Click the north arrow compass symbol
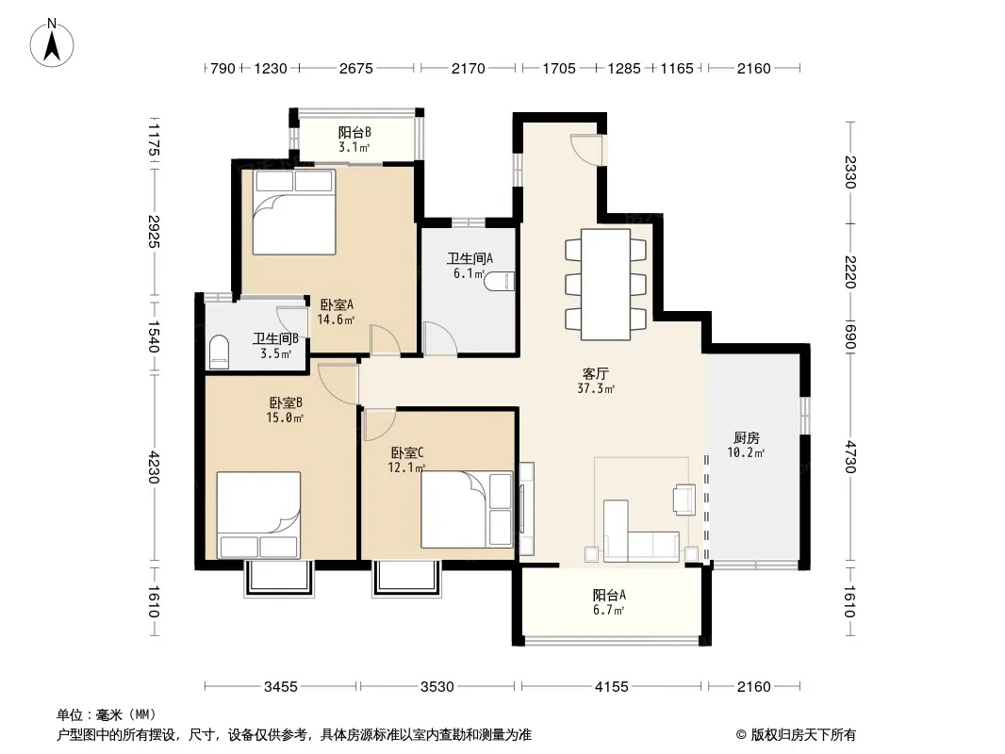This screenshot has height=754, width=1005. tap(52, 43)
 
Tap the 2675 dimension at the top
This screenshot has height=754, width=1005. tap(355, 68)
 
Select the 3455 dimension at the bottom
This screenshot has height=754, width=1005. tap(281, 687)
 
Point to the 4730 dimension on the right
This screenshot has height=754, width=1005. tap(849, 457)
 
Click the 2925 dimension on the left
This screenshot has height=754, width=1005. tap(154, 232)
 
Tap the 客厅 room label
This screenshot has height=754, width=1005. tap(596, 373)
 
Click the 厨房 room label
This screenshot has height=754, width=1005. tap(747, 437)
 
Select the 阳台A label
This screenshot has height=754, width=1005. tap(609, 595)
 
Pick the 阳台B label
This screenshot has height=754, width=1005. tap(354, 133)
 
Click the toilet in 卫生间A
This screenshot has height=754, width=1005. tap(500, 281)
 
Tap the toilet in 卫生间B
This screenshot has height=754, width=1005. tap(220, 352)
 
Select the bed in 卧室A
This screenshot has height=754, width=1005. tap(294, 212)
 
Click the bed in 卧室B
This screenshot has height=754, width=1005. tap(258, 515)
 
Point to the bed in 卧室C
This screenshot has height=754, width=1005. tap(468, 509)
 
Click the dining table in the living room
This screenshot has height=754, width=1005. tap(605, 285)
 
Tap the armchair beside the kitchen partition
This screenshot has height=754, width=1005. tap(684, 500)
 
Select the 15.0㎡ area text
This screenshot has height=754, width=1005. tap(285, 418)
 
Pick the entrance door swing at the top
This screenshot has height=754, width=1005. tap(586, 150)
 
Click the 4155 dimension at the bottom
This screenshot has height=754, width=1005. tap(612, 687)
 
